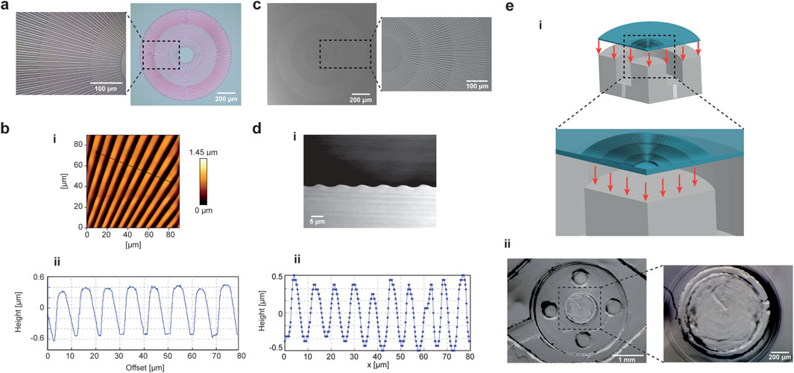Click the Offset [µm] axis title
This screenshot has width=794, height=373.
[143, 367]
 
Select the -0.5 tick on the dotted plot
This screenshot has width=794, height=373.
[277, 348]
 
